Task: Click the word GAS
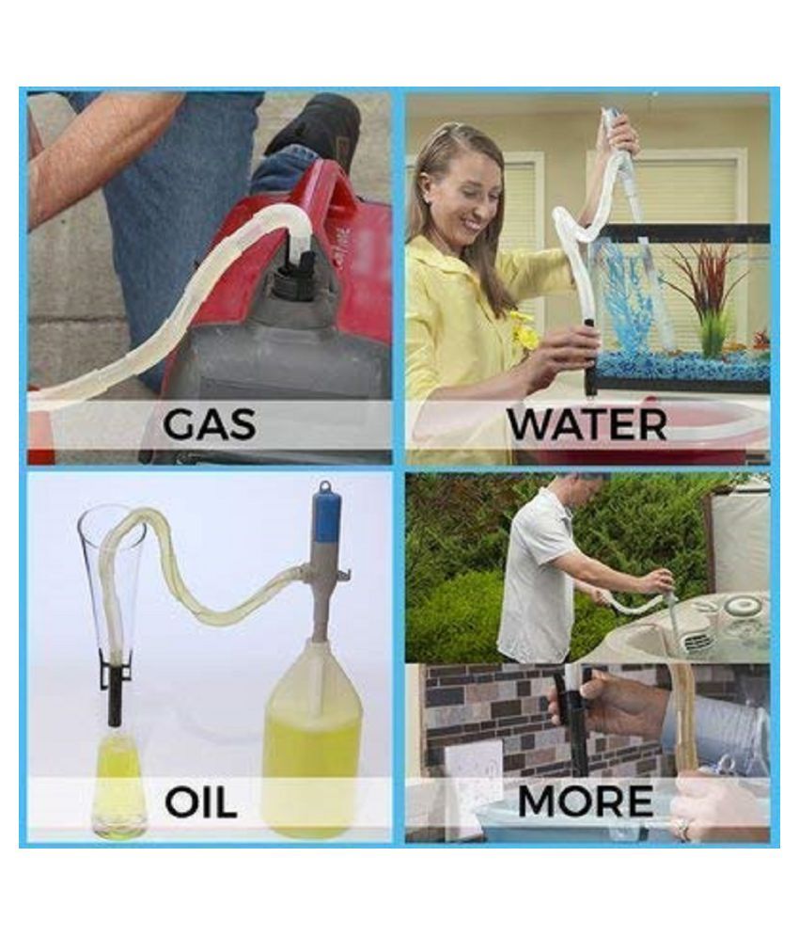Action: pyautogui.click(x=209, y=424)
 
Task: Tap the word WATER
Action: pyautogui.click(x=587, y=424)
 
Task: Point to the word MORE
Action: pyautogui.click(x=586, y=801)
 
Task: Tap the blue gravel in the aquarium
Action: pyautogui.click(x=681, y=367)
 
